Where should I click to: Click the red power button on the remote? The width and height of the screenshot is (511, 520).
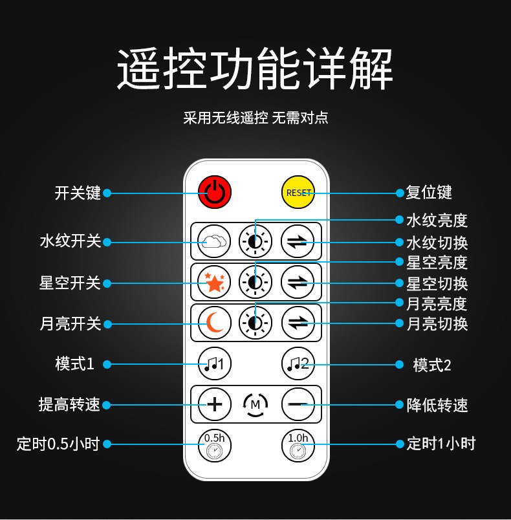[x=215, y=192]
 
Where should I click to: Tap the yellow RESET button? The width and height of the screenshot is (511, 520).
[x=298, y=192]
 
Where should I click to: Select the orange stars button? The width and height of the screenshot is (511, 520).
[x=214, y=282]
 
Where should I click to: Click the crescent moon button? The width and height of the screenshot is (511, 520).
[x=215, y=323]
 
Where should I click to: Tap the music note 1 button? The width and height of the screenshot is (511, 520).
[x=215, y=363]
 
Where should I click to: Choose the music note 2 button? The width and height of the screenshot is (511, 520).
[x=298, y=363]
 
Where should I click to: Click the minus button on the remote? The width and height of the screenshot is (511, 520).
[x=298, y=404]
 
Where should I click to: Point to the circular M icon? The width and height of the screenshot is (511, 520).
[x=255, y=405]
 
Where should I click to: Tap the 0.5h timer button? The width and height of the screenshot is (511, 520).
[x=215, y=446]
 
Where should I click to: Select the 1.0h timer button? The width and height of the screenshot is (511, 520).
[x=298, y=446]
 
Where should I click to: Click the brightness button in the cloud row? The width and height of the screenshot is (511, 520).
[x=255, y=241]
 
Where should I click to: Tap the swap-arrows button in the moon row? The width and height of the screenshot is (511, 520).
[x=298, y=323]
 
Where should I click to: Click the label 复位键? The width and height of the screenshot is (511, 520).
[x=429, y=193]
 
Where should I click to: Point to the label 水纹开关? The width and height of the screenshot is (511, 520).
[x=71, y=241]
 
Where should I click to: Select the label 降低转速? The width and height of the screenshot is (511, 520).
[x=437, y=405]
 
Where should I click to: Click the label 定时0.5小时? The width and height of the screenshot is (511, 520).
[x=58, y=444]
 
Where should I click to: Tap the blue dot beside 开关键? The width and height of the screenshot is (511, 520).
[x=107, y=193]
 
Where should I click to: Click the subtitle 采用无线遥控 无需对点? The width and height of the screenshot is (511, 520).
[x=255, y=118]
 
